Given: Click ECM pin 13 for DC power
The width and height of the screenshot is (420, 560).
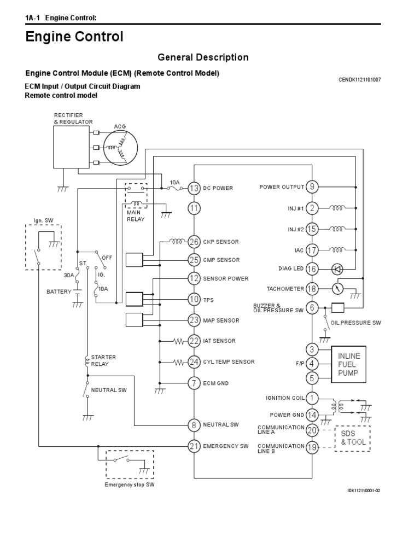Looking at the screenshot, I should pos(194,188).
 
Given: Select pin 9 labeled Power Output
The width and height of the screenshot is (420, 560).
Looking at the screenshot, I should pos(312,187).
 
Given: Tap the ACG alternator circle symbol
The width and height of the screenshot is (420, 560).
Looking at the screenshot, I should pos(121,148).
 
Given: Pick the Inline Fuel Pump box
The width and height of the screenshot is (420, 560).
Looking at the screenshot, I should pos(348,364).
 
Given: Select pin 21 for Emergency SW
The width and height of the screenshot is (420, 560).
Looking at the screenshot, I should pos(194,446).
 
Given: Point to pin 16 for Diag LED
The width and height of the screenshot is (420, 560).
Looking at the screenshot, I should pos(312,269).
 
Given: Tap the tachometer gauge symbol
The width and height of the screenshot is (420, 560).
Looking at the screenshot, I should pos(339,288).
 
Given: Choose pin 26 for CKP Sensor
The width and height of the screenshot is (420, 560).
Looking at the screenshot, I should pos(194,241).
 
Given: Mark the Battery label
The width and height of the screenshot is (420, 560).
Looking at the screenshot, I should pos(59,292).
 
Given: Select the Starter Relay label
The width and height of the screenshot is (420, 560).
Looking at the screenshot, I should pos(103,361).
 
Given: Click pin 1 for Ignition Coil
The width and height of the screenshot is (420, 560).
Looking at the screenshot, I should pos(312,398).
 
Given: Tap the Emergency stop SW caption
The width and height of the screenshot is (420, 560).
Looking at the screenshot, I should pos(130,485).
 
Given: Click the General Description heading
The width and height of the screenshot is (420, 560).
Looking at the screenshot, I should pos(203,57).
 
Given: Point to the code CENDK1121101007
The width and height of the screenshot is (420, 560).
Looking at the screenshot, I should pos(360,79).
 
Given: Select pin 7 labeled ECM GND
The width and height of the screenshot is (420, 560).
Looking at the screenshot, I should pos(194,383).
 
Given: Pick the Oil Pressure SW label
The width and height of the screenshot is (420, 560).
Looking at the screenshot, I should pos(355,323).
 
